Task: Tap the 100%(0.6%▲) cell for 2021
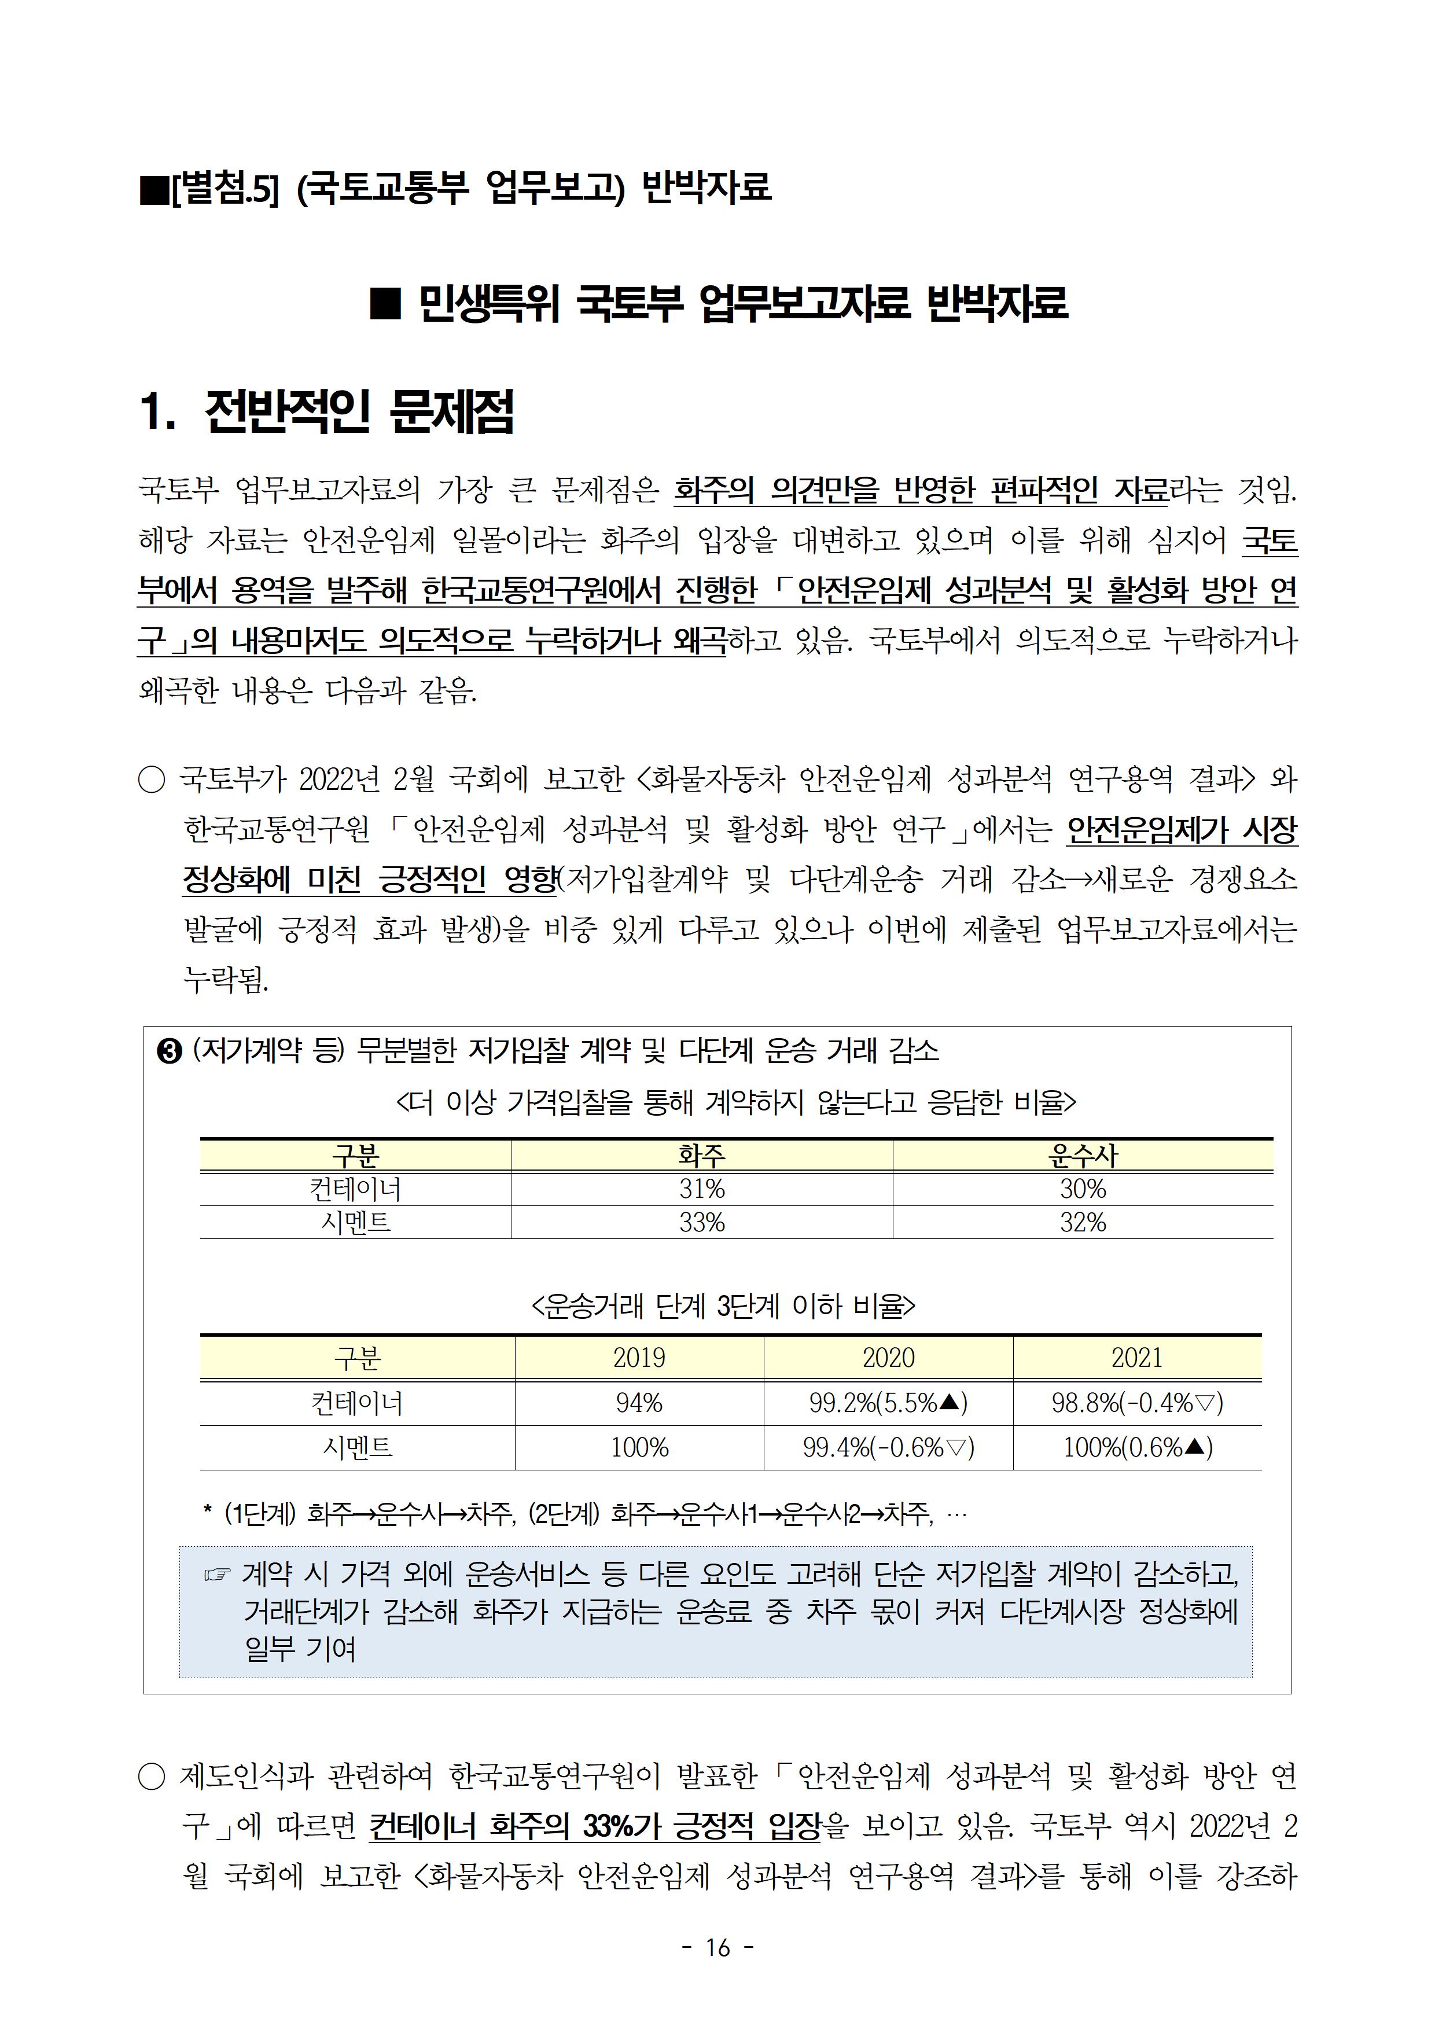tap(1136, 1447)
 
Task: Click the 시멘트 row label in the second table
tap(357, 1447)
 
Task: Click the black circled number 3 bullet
tap(169, 1052)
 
